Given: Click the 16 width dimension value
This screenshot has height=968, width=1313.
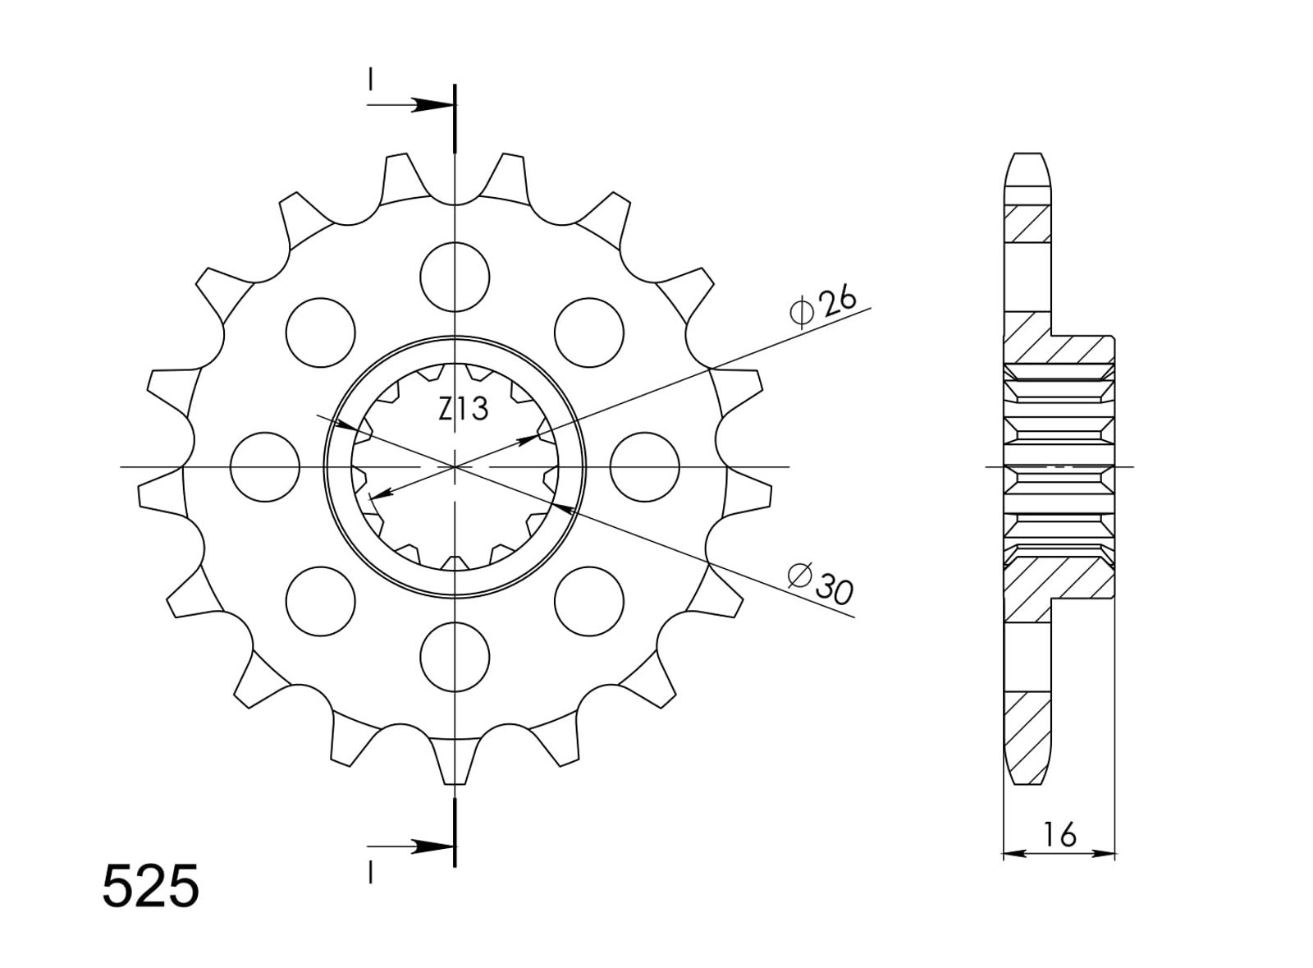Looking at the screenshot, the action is click(1059, 835).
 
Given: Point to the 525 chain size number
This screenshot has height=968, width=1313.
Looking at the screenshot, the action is click(151, 886).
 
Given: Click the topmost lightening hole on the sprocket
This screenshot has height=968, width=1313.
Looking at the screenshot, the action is click(455, 277).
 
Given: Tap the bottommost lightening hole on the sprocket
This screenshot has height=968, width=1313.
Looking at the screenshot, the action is click(455, 658).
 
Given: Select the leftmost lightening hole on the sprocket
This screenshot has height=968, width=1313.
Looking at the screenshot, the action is click(265, 466).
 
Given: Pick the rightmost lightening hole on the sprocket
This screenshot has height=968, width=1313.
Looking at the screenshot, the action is click(645, 466).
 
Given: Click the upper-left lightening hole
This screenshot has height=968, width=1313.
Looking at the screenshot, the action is click(321, 333).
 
